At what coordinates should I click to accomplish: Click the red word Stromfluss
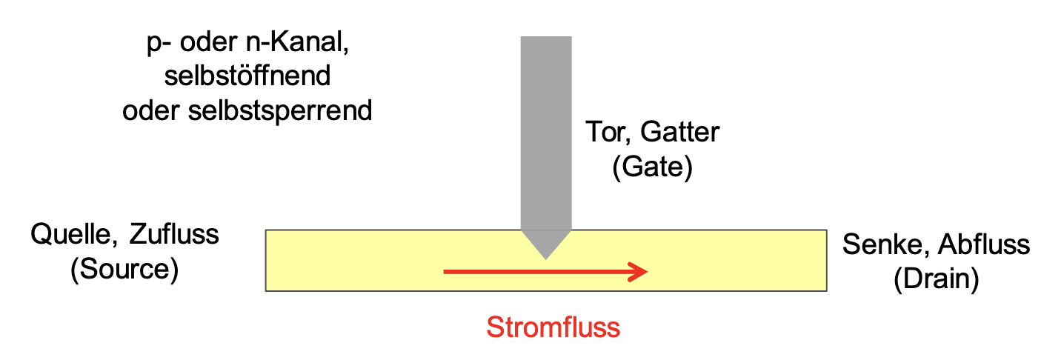tap(553, 327)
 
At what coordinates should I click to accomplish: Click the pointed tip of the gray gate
tap(546, 256)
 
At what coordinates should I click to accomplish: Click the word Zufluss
tap(174, 235)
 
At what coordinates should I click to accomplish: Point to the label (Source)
tap(124, 269)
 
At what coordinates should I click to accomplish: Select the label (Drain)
tap(936, 279)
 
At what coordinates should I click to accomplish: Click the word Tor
tap(608, 133)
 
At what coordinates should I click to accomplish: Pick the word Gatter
tap(680, 133)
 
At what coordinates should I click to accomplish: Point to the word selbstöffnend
tap(247, 76)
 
